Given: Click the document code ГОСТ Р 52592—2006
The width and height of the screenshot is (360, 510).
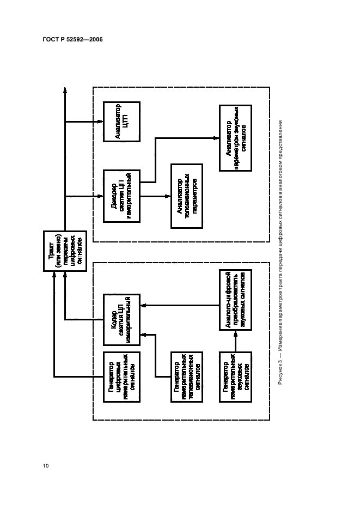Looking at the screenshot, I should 73,40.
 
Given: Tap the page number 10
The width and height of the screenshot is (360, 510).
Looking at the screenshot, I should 46,465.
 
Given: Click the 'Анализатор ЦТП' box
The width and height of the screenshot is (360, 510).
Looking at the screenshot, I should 121,121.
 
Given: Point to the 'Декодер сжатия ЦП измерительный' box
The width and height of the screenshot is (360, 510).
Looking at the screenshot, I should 121,196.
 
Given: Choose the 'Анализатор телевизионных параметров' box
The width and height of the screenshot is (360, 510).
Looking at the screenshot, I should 186,196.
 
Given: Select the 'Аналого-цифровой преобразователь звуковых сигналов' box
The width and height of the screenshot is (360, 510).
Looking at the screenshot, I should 236,300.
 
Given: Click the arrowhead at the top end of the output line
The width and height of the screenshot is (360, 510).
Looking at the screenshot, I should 65,89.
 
